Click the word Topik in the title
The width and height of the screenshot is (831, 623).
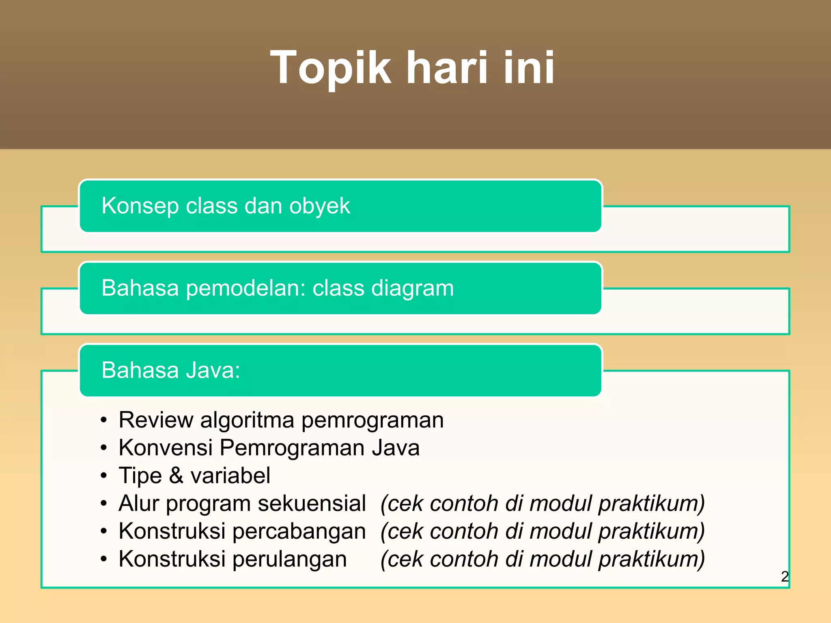[x=331, y=68]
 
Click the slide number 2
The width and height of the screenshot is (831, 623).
[x=785, y=576]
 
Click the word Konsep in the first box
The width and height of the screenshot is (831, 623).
[x=140, y=206]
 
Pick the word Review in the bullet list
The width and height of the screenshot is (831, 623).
[x=156, y=420]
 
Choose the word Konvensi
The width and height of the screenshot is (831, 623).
[x=166, y=448]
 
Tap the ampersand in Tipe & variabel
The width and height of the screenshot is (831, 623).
[x=176, y=475]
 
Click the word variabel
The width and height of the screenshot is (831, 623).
[x=230, y=475]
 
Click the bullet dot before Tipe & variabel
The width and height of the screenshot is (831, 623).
[x=104, y=476]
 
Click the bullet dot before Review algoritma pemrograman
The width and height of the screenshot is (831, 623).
[x=104, y=420]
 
